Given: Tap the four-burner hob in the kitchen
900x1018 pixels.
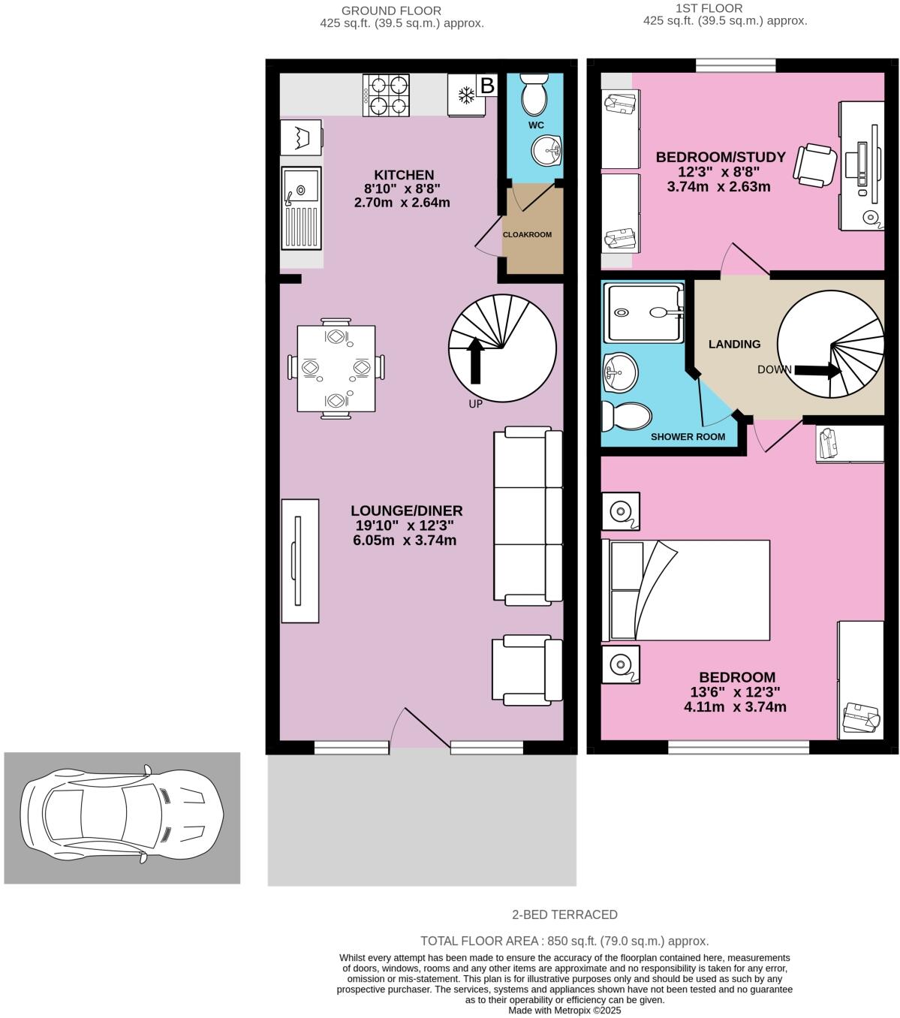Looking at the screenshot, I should pyautogui.click(x=387, y=95).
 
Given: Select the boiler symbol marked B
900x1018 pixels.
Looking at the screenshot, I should pyautogui.click(x=487, y=86).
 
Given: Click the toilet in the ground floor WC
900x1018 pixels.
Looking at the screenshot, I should pyautogui.click(x=534, y=93).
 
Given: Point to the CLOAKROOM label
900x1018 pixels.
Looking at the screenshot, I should pyautogui.click(x=527, y=234).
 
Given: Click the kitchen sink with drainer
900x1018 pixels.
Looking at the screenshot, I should pyautogui.click(x=301, y=208).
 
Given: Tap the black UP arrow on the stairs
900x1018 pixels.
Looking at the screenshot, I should pyautogui.click(x=474, y=360).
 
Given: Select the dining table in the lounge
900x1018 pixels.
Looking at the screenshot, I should pyautogui.click(x=336, y=368).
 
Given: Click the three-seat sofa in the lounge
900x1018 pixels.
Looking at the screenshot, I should pyautogui.click(x=528, y=516).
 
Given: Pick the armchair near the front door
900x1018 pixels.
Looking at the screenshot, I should pyautogui.click(x=527, y=670).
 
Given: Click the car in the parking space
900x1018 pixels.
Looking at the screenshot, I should pyautogui.click(x=122, y=818).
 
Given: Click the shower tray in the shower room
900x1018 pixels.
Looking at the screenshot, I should pyautogui.click(x=645, y=312).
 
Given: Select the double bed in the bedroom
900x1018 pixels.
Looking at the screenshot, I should pyautogui.click(x=685, y=590).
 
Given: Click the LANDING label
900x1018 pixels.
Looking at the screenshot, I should pyautogui.click(x=734, y=344).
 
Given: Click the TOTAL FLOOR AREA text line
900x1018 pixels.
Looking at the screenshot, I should pyautogui.click(x=564, y=941).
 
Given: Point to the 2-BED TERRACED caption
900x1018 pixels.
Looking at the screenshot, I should pyautogui.click(x=564, y=914).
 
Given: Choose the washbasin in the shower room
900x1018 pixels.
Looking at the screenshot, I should pyautogui.click(x=620, y=372).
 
